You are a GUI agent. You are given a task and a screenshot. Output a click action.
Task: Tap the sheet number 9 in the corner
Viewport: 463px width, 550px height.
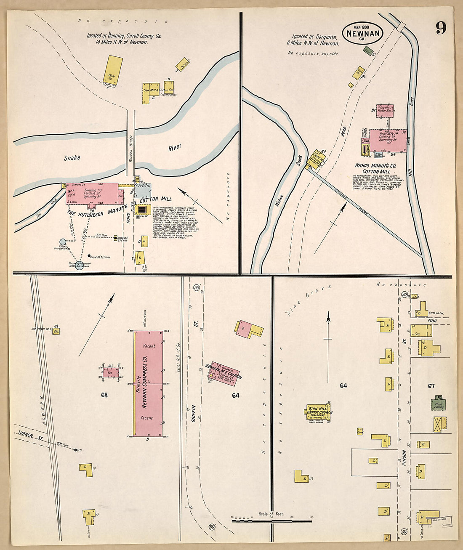(x=441, y=28)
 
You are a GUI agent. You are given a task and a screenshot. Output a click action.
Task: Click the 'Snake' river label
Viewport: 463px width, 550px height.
(x=72, y=158)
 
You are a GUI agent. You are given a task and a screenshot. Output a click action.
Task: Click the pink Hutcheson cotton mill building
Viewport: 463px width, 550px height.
(x=92, y=194)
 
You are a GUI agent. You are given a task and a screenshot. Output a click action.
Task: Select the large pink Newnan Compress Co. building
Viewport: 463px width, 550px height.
(x=148, y=383)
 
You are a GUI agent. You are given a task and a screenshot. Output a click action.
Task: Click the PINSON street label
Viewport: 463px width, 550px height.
(x=403, y=460)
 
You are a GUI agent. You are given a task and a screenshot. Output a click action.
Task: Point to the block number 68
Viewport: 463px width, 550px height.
(x=104, y=395)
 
